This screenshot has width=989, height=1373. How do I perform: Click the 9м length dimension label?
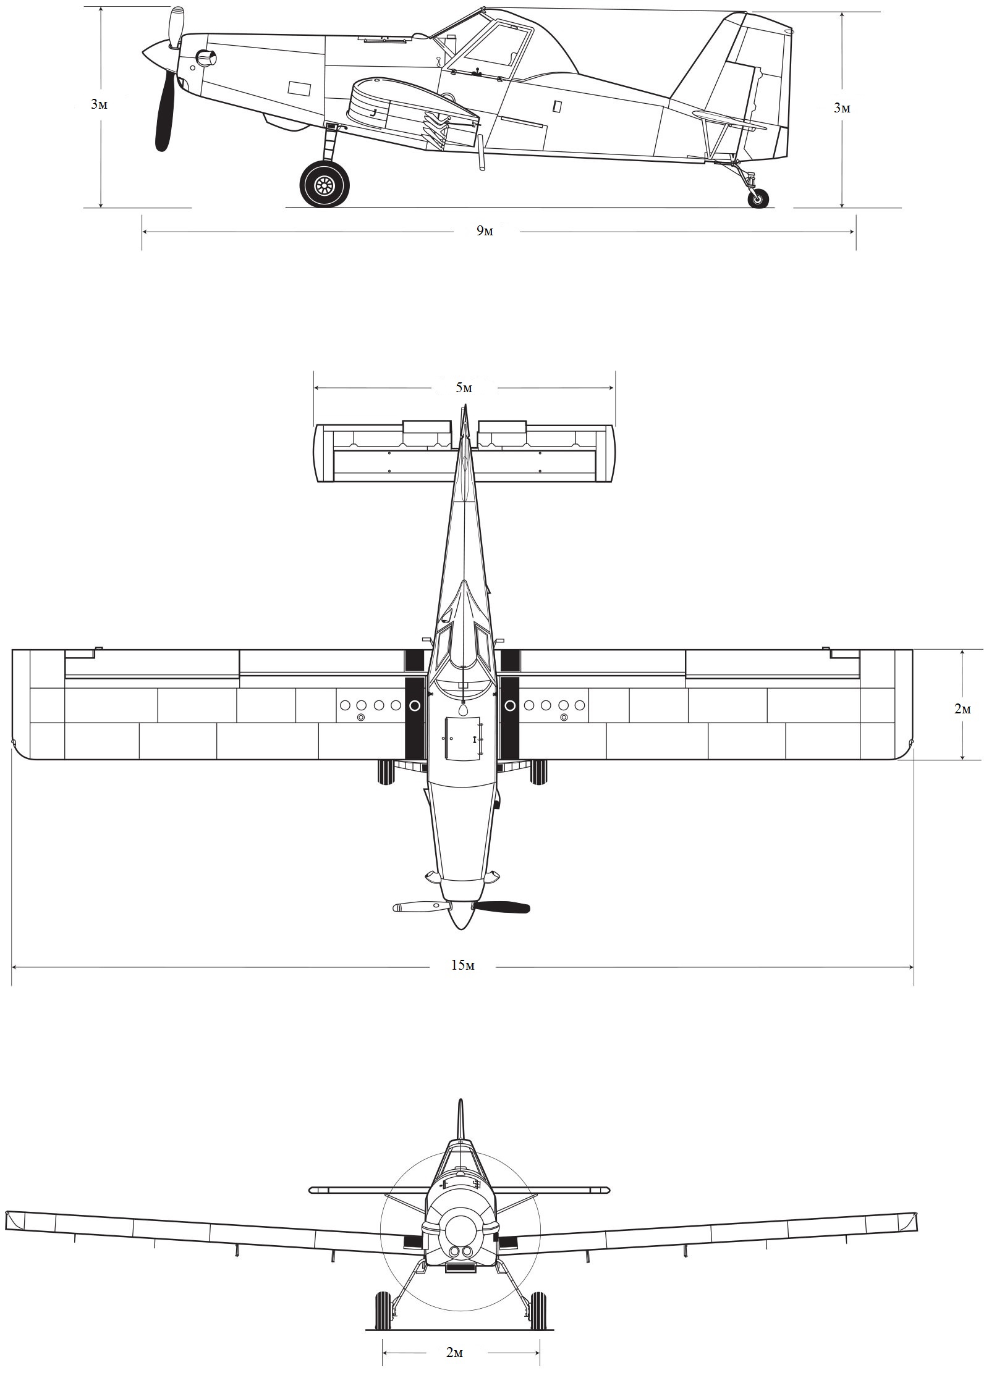coord(485,231)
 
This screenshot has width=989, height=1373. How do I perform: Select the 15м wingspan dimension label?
coord(462,965)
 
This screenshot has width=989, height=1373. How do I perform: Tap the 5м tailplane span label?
coord(464,388)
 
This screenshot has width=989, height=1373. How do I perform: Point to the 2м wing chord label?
coord(962,709)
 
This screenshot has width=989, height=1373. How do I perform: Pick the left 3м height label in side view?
coord(99,104)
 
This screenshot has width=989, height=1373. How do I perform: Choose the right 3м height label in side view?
coord(842,108)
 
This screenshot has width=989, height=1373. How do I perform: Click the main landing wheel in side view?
coord(324,183)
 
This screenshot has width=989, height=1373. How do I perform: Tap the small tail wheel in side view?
coord(758,198)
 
